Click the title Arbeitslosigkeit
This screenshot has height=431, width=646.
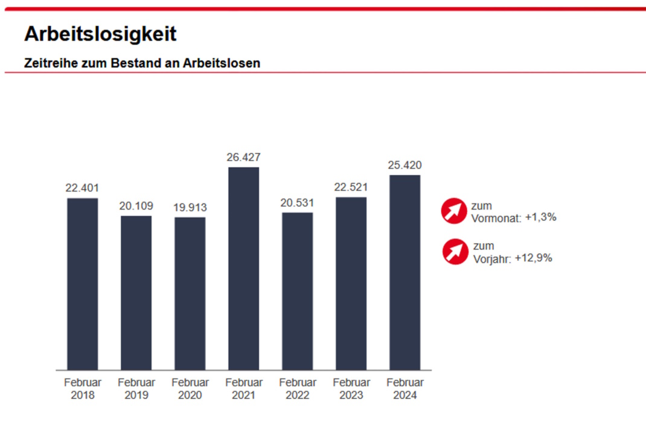click(x=100, y=34)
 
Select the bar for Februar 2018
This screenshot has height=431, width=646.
click(x=82, y=284)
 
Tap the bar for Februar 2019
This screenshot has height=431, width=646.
click(x=136, y=293)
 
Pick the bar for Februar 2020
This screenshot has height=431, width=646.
click(x=190, y=293)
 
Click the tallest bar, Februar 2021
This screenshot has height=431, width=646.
click(x=243, y=269)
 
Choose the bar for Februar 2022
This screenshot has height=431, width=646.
click(x=297, y=291)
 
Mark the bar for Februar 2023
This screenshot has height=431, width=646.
click(x=351, y=283)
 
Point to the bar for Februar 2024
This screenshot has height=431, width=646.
click(x=405, y=272)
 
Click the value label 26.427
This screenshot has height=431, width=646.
click(x=243, y=157)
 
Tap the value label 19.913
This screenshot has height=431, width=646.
click(x=190, y=208)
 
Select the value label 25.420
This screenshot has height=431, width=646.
click(x=405, y=165)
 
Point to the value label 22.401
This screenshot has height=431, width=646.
click(x=82, y=188)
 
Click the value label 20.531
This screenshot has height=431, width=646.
click(x=297, y=203)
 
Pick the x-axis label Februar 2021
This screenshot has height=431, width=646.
click(x=243, y=389)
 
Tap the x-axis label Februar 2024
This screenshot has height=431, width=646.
click(x=405, y=389)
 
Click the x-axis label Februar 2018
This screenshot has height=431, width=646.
click(x=82, y=389)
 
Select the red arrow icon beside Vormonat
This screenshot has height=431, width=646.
click(x=455, y=211)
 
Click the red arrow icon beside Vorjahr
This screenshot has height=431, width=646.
click(x=455, y=251)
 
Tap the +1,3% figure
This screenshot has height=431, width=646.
click(x=540, y=217)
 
